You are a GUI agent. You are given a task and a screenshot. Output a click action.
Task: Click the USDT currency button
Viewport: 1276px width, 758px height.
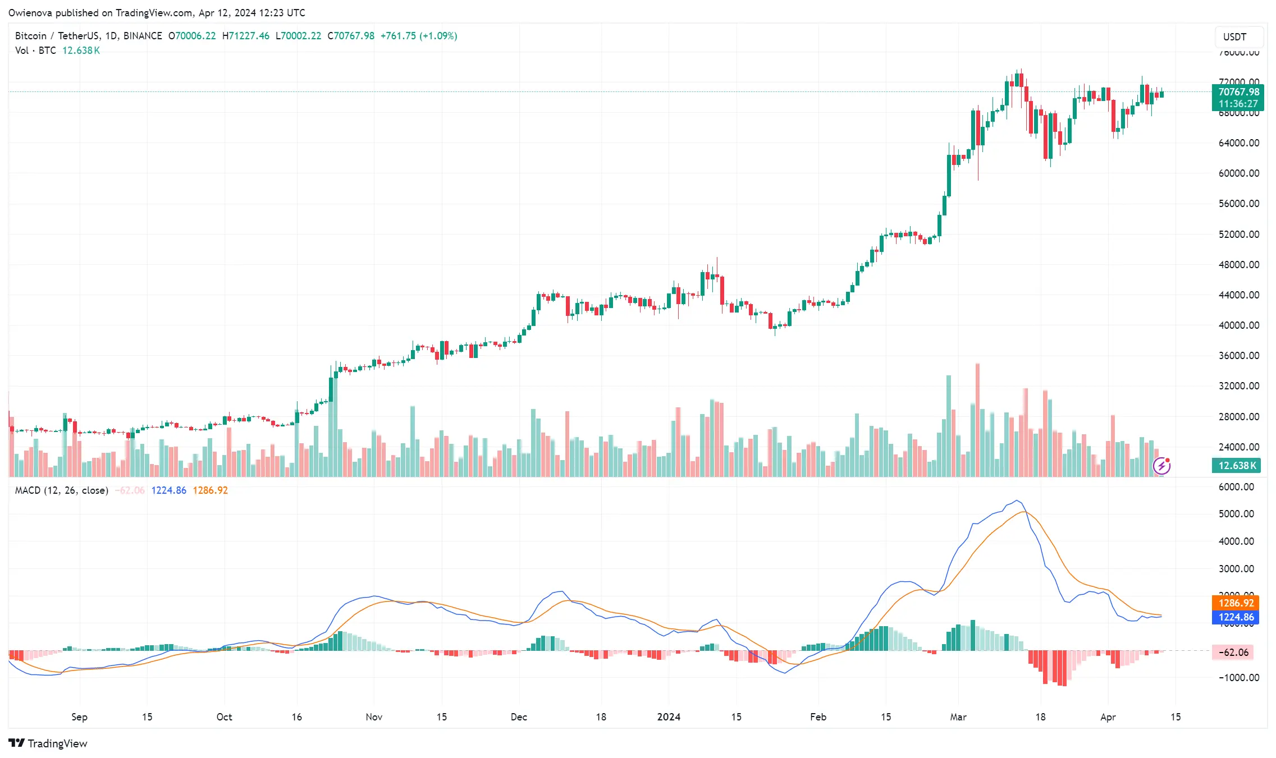pyautogui.click(x=1234, y=37)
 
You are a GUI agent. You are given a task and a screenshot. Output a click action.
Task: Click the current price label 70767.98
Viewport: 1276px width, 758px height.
pyautogui.click(x=1238, y=92)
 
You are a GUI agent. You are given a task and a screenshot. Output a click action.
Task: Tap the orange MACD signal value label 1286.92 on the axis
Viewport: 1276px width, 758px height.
pyautogui.click(x=1236, y=603)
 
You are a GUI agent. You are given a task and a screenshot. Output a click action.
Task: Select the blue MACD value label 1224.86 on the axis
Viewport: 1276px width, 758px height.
pyautogui.click(x=1236, y=617)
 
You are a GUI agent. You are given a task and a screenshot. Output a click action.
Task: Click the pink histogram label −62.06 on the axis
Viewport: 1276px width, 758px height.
pyautogui.click(x=1236, y=653)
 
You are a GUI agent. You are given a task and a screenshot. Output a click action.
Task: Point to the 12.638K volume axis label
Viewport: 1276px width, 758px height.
pyautogui.click(x=1237, y=466)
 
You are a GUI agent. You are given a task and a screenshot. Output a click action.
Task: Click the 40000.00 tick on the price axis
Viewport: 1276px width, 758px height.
pyautogui.click(x=1238, y=325)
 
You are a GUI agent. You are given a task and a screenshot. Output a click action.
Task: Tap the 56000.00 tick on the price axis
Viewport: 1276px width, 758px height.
pyautogui.click(x=1238, y=204)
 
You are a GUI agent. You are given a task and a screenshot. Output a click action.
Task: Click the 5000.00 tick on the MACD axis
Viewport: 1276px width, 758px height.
pyautogui.click(x=1236, y=514)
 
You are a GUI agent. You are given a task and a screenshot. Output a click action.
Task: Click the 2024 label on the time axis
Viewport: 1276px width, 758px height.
pyautogui.click(x=668, y=717)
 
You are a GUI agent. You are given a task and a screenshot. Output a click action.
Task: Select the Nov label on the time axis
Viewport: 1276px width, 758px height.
pyautogui.click(x=374, y=717)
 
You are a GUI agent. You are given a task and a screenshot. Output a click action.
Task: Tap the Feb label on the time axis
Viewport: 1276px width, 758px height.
pyautogui.click(x=818, y=717)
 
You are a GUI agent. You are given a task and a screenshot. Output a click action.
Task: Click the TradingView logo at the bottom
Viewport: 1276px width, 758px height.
pyautogui.click(x=48, y=743)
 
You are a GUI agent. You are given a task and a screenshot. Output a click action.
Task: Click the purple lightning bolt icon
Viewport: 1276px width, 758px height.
pyautogui.click(x=1161, y=466)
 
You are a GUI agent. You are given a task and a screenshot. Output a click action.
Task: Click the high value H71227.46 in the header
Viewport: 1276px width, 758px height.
pyautogui.click(x=245, y=36)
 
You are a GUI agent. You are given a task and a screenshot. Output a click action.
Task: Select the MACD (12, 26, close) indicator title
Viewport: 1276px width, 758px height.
pyautogui.click(x=61, y=490)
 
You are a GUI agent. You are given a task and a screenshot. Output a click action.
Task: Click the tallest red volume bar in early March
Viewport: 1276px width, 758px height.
pyautogui.click(x=977, y=421)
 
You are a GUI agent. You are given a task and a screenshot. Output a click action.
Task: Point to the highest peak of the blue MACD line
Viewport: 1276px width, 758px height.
pyautogui.click(x=1017, y=500)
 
